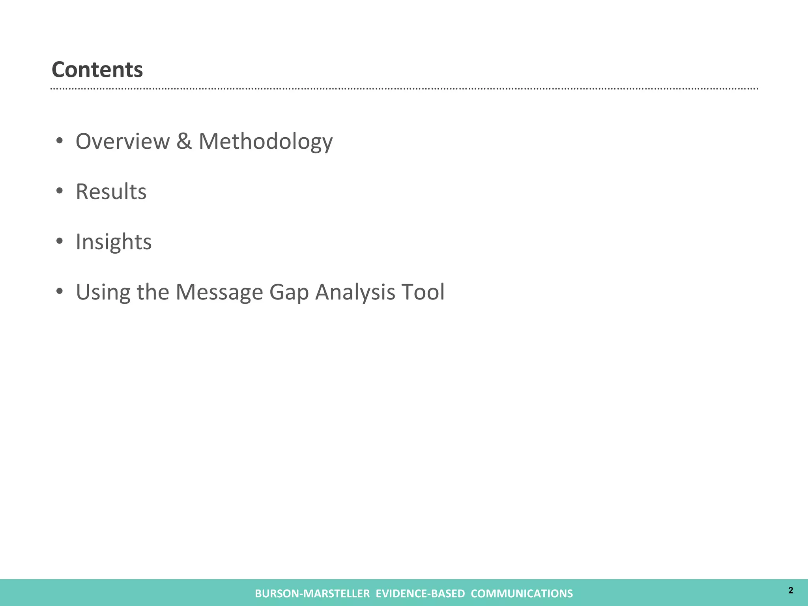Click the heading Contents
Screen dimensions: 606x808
point(97,70)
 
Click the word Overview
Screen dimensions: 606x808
point(122,141)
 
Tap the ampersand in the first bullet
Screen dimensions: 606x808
point(184,141)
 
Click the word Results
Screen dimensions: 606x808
point(111,192)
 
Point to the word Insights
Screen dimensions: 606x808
point(114,242)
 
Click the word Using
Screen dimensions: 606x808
point(103,293)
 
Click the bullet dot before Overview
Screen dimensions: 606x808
point(60,141)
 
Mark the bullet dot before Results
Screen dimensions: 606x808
point(60,191)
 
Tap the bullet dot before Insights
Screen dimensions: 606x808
point(60,241)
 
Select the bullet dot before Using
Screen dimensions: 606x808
point(60,291)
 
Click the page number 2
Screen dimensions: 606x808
point(791,590)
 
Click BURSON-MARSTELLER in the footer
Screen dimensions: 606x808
point(312,593)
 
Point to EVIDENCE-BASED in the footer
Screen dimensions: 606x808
point(420,593)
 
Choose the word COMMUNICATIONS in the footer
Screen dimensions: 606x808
point(522,593)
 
